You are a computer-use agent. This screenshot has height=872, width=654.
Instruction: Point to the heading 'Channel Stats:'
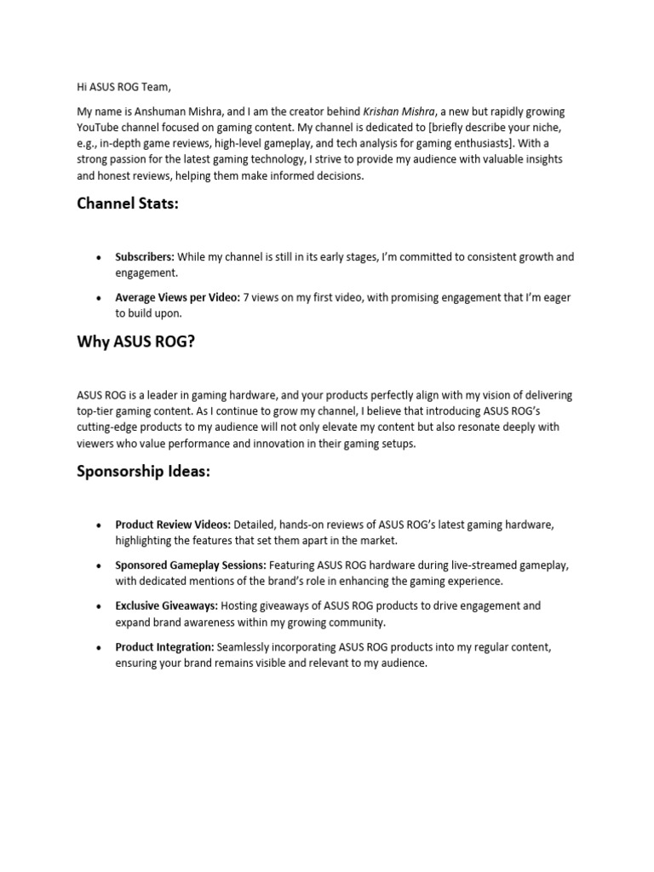128,203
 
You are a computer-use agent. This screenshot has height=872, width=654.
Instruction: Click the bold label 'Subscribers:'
145,257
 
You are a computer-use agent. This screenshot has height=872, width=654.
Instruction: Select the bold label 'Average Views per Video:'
177,298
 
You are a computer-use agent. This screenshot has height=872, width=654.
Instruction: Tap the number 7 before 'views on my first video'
247,298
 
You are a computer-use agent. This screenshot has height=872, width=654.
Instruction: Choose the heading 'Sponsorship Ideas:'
143,471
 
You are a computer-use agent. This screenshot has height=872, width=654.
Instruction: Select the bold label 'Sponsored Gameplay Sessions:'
191,565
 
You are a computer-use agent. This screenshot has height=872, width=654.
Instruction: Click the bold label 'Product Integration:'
165,647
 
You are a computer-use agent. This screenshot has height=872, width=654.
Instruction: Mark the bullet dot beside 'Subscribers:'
99,257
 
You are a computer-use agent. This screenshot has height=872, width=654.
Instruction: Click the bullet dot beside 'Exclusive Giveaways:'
99,606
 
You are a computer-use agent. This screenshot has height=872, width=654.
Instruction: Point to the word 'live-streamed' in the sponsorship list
457,565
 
